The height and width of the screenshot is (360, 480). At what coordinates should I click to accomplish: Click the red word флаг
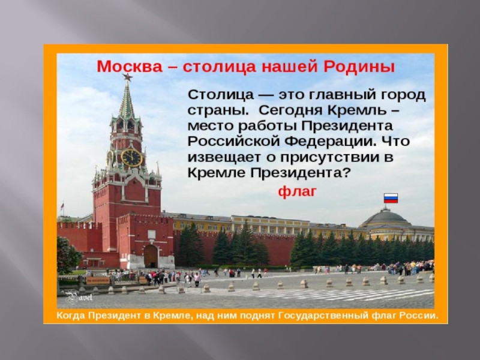[x=297, y=192]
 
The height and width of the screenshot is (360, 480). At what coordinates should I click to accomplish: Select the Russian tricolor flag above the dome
[x=391, y=198]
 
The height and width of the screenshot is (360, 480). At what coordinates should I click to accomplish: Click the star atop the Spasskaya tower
[x=127, y=77]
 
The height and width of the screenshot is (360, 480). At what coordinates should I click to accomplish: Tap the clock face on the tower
[x=131, y=157]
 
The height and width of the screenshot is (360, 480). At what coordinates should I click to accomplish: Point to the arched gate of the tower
[x=151, y=256]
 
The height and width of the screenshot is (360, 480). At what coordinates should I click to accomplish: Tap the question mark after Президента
[x=346, y=173]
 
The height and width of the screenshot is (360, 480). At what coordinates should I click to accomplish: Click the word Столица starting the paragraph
[x=221, y=95]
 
